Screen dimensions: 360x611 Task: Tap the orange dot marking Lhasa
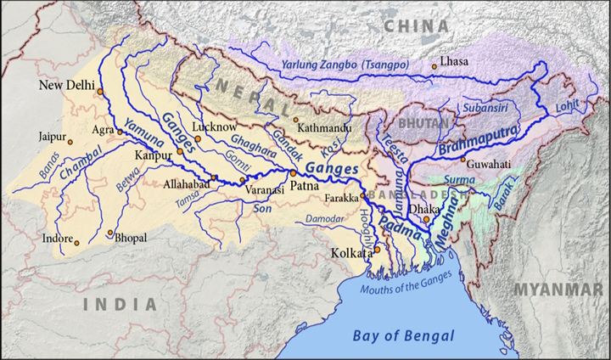click(434, 66)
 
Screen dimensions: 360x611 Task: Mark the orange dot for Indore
click(76, 244)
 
